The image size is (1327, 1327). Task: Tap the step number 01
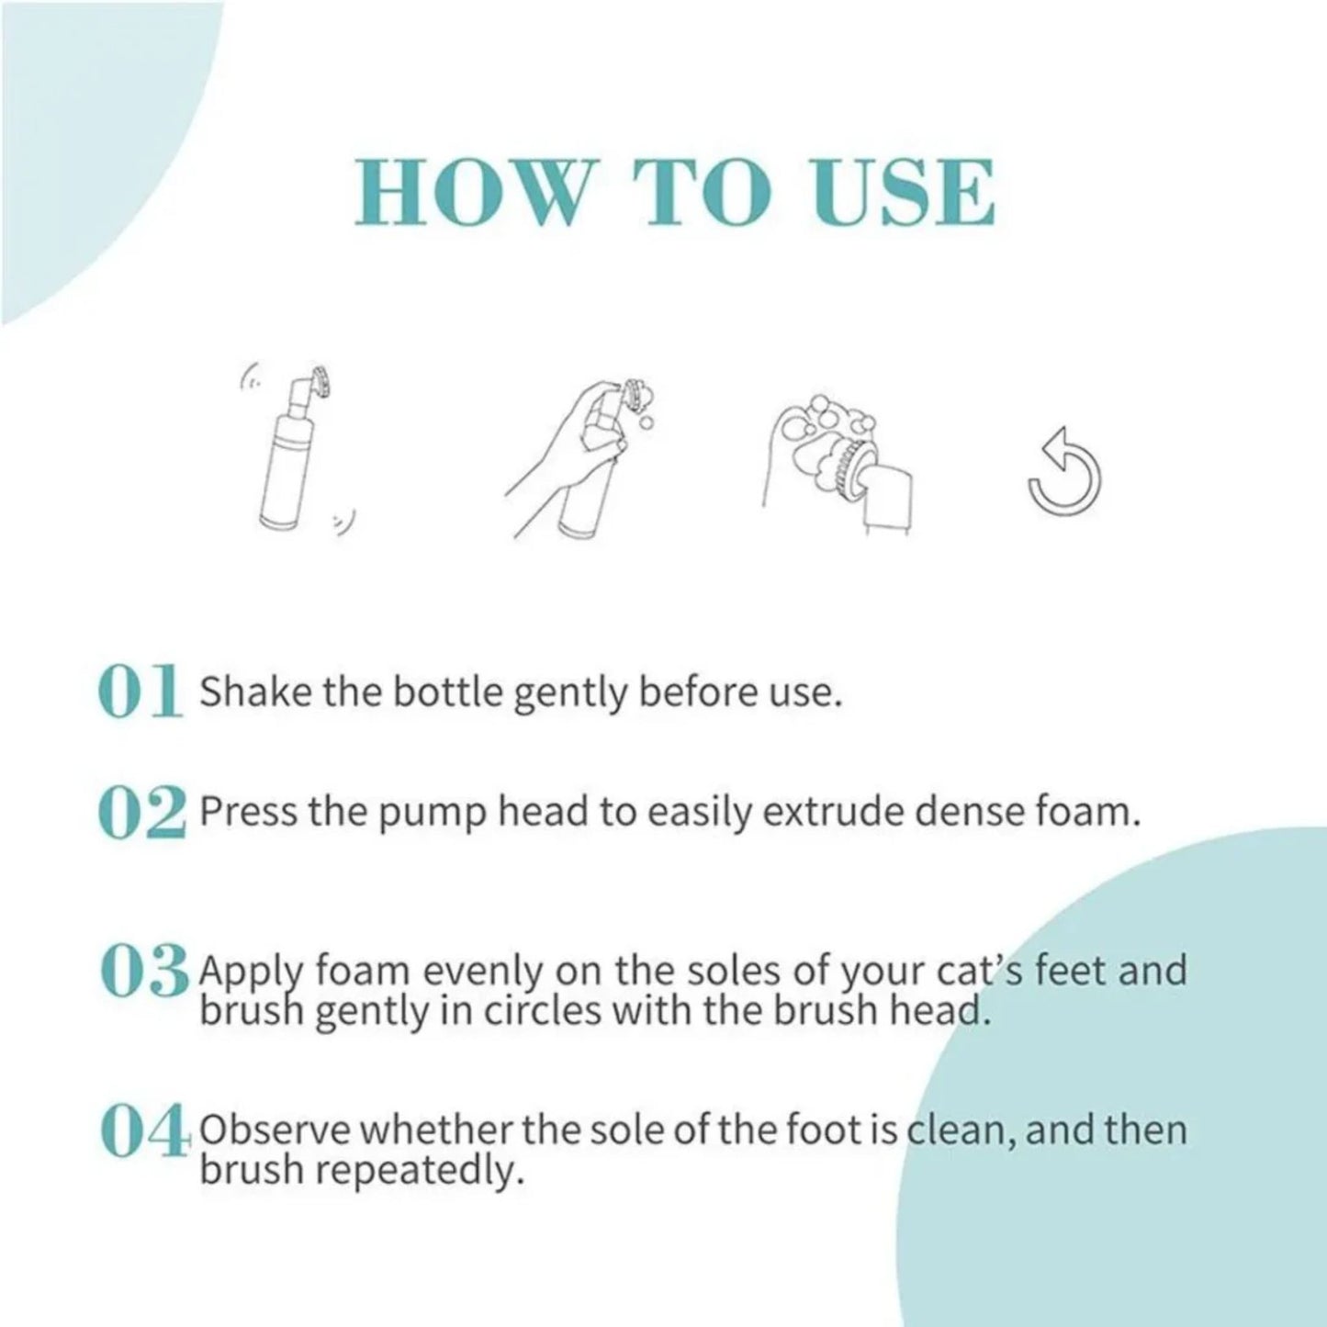138,692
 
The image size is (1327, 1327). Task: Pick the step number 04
142,1131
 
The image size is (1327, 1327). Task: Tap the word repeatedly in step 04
419,1172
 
